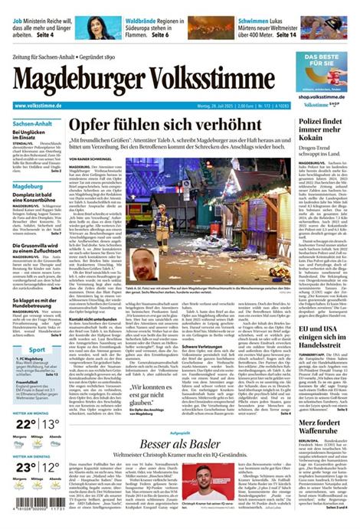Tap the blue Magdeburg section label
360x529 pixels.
(x=28, y=186)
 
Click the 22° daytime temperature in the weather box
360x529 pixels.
(x=27, y=424)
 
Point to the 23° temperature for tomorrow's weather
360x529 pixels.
(x=27, y=467)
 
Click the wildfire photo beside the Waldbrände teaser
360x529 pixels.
(x=206, y=28)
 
